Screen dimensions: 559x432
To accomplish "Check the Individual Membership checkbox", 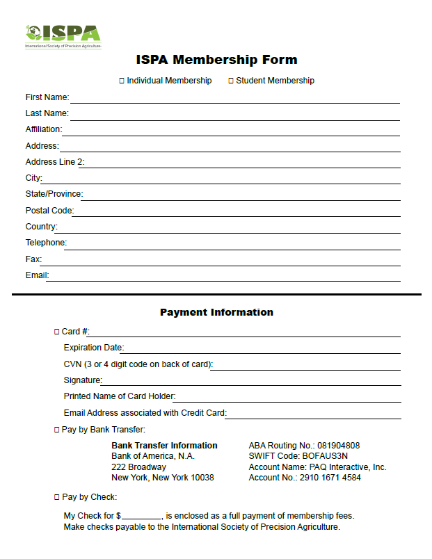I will coord(122,81).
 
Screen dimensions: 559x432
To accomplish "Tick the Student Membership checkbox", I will coord(231,81).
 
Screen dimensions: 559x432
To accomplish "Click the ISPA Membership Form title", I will coord(216,60).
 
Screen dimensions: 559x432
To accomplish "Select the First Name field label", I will coord(47,97).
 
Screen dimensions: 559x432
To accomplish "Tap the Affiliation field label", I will coord(44,129).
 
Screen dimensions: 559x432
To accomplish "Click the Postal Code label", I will coord(49,211).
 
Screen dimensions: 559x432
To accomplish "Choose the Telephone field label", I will coord(46,243).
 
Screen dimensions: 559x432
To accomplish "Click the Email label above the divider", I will coord(37,275).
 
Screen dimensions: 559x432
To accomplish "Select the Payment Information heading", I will coord(216,312).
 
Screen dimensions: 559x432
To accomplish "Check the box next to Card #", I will coord(57,332).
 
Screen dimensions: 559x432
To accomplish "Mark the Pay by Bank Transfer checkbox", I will coord(57,430).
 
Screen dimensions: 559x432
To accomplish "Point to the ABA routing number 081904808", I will coord(338,446).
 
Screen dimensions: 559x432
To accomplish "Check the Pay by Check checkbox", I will coord(57,498).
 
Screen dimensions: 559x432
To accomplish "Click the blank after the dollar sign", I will coord(142,516).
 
